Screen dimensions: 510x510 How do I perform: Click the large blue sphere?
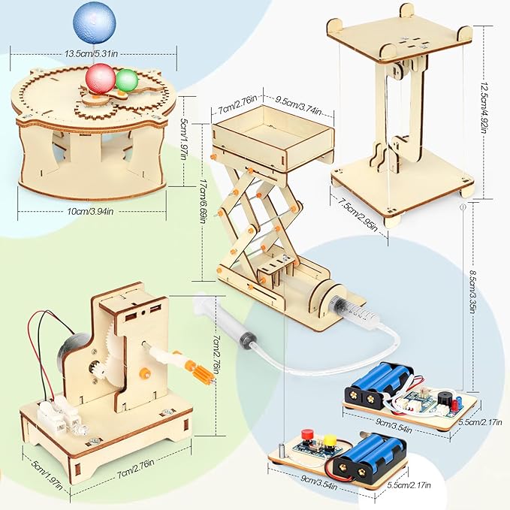[x=94, y=23]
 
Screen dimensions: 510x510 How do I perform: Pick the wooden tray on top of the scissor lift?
[x=272, y=140]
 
